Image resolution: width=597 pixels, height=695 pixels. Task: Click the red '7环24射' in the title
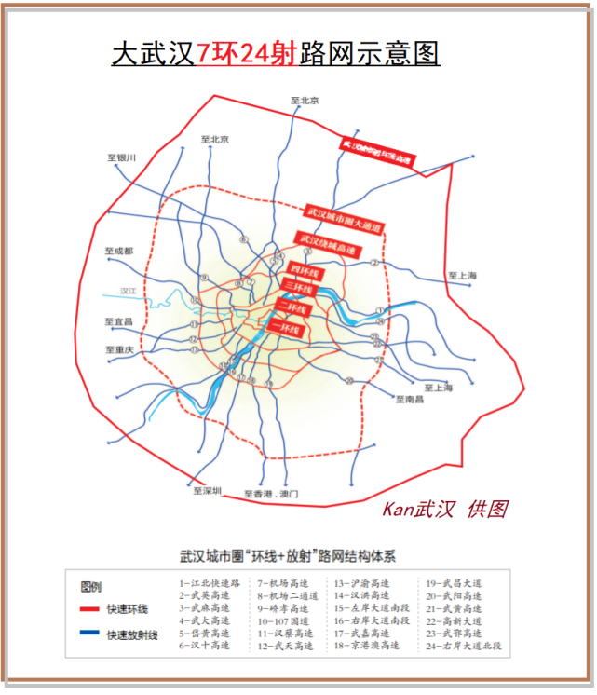click(x=247, y=53)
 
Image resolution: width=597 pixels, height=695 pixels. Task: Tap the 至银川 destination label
click(x=122, y=158)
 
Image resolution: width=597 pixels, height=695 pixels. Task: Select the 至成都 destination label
click(x=119, y=252)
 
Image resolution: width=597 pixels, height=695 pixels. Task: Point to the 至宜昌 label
click(x=119, y=321)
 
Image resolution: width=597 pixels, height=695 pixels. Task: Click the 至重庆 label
click(x=119, y=350)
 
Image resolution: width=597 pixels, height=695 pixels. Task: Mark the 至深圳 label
click(x=206, y=491)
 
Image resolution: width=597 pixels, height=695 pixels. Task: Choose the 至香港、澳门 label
click(x=271, y=494)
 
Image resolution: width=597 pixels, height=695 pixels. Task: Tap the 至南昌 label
click(x=410, y=400)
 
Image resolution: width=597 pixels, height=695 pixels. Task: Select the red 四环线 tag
click(x=305, y=272)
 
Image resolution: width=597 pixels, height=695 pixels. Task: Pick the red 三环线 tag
click(x=299, y=290)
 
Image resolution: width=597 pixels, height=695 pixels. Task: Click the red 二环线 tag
click(x=292, y=308)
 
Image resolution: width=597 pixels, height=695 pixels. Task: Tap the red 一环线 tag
click(x=284, y=328)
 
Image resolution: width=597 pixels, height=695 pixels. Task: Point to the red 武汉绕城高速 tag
click(x=325, y=244)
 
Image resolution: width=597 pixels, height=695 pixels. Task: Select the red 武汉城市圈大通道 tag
click(x=345, y=220)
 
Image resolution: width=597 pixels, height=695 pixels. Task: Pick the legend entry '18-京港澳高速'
click(x=367, y=644)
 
